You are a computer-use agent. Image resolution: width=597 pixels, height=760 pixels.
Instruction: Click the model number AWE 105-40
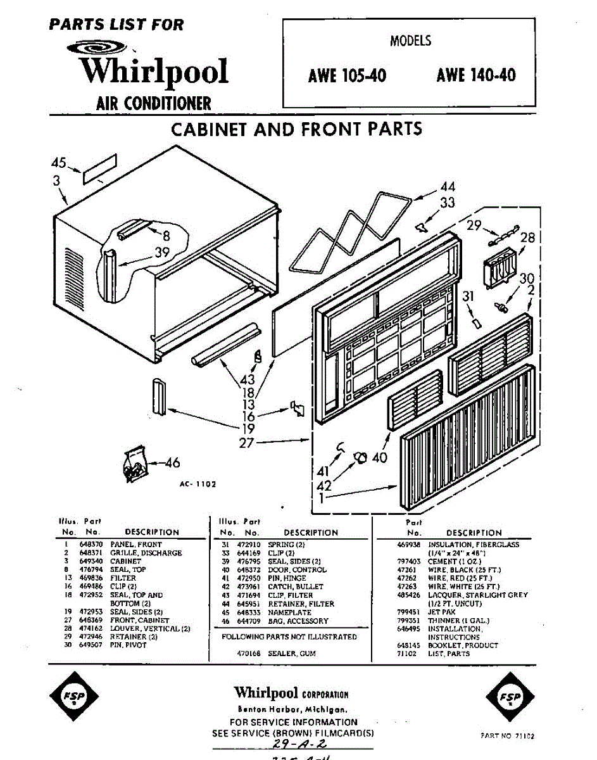coord(347,76)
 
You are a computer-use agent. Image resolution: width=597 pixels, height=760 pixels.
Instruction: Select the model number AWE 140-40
coord(475,76)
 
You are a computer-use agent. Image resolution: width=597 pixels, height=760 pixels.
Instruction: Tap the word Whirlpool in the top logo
coord(154,71)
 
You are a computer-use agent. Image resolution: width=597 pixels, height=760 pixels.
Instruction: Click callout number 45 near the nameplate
coord(59,163)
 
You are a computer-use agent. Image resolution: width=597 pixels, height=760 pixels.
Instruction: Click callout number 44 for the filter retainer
coord(448,187)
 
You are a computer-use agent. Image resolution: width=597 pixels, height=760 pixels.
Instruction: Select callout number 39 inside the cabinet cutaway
coord(163,253)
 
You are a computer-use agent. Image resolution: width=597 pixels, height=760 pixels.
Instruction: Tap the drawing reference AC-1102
coord(198,484)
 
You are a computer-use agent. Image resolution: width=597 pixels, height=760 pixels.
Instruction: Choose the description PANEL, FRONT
coord(136,544)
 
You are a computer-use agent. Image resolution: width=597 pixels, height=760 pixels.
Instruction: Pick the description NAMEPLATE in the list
coord(289,612)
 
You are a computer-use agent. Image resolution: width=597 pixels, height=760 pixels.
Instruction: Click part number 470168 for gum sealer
coord(243,653)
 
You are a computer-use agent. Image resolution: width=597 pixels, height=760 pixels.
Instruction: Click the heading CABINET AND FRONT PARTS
coord(297,129)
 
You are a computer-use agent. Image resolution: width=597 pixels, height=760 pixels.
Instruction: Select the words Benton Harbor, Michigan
coord(292,709)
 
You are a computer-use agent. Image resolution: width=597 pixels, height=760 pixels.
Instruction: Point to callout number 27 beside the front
coord(246,443)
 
